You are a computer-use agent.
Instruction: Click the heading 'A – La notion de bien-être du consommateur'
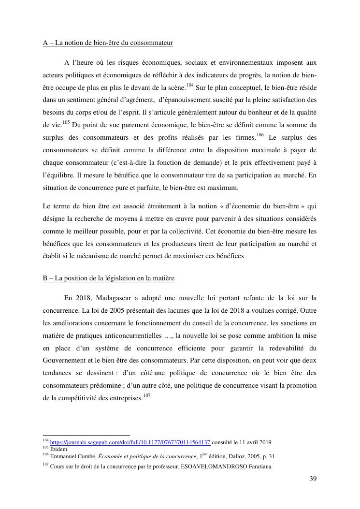[x=108, y=43]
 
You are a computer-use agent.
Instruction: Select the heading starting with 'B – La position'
[x=108, y=278]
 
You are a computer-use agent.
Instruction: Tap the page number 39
[x=313, y=479]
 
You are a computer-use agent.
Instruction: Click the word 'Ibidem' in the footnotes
[x=58, y=449]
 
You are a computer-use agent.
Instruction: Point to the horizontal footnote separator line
[x=86, y=435]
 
